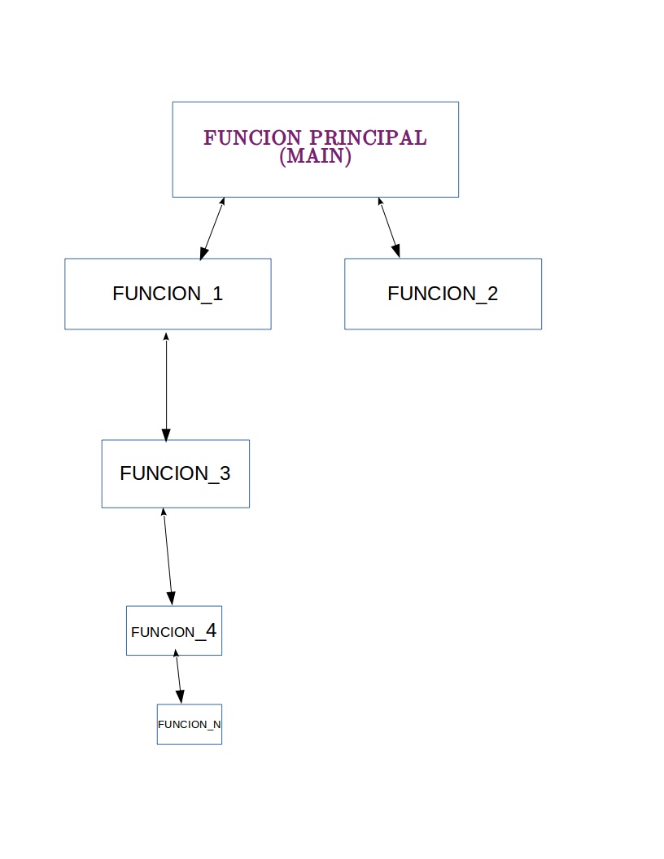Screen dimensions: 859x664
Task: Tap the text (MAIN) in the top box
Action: pyautogui.click(x=315, y=156)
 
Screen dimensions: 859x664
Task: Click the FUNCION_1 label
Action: pyautogui.click(x=168, y=294)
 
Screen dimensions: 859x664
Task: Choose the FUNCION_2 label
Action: pyautogui.click(x=443, y=294)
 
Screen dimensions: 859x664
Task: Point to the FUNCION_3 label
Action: pyautogui.click(x=175, y=473)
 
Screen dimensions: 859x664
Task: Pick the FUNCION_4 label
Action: pyautogui.click(x=173, y=631)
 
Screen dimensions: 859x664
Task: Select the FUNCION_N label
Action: pyautogui.click(x=189, y=724)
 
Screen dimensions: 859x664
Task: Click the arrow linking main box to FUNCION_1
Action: pyautogui.click(x=212, y=229)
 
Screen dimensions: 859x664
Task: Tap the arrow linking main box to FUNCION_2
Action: pyautogui.click(x=390, y=228)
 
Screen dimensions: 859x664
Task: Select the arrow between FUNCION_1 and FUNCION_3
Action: pyautogui.click(x=166, y=386)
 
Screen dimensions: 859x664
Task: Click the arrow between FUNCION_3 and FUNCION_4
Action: pyautogui.click(x=168, y=557)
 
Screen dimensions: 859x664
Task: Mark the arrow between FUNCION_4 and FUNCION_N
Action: pyautogui.click(x=178, y=678)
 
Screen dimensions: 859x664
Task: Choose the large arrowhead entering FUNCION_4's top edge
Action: pyautogui.click(x=171, y=598)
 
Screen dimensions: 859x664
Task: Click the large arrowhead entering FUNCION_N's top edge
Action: pyautogui.click(x=180, y=696)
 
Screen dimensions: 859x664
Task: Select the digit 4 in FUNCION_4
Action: pyautogui.click(x=210, y=630)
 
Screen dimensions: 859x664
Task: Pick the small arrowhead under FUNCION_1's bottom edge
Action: pyautogui.click(x=166, y=335)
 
